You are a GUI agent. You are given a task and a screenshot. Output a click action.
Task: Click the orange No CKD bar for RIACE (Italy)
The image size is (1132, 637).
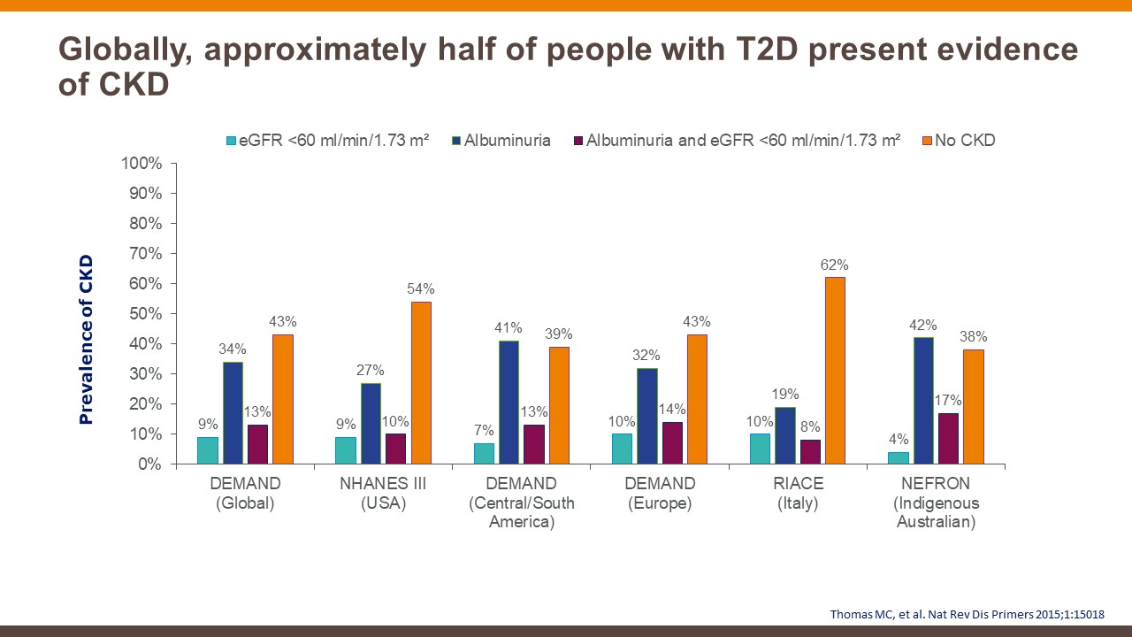click(835, 371)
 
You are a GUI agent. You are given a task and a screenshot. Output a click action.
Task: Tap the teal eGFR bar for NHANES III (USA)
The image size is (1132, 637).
click(346, 450)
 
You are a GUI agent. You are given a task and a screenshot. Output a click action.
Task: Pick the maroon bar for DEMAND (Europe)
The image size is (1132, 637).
click(672, 442)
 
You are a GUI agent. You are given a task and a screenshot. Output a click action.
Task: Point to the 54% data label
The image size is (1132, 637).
click(421, 289)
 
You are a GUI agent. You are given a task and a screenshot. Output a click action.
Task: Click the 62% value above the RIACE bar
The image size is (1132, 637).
click(835, 265)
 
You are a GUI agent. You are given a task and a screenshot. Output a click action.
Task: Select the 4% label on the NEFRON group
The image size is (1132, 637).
click(899, 440)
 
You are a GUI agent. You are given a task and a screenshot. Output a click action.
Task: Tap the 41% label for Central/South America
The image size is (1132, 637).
click(509, 328)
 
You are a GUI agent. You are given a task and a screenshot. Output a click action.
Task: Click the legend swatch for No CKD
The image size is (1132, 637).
click(927, 141)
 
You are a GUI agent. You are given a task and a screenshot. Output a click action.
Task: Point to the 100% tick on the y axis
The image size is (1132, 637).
click(143, 164)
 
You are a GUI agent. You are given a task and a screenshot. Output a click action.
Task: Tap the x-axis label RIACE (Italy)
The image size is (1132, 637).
click(799, 494)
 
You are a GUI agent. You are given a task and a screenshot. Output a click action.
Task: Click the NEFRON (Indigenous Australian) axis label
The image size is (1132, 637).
click(937, 503)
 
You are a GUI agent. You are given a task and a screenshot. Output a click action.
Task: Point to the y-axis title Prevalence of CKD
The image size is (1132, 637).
click(86, 340)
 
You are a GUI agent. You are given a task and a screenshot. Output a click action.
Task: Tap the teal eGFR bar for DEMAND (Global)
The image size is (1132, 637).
click(208, 450)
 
